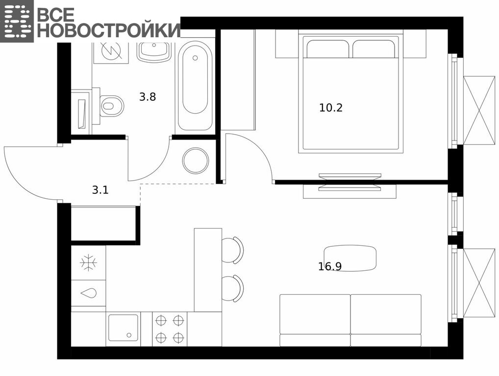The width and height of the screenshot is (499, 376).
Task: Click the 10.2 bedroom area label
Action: click(x=331, y=108)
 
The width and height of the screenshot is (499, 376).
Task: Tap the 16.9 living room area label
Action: click(x=330, y=266)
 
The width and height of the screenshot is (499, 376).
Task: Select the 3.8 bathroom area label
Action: click(x=148, y=96)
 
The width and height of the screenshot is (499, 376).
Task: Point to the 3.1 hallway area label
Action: click(x=100, y=190)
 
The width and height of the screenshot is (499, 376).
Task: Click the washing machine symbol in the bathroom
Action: click(x=111, y=52)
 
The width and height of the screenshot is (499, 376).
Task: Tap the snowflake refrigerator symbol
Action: click(x=88, y=262)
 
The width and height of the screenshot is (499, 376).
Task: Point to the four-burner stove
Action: click(x=170, y=329)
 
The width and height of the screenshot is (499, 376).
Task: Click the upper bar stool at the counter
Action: click(x=232, y=250)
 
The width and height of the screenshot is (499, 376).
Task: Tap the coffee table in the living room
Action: click(x=350, y=258)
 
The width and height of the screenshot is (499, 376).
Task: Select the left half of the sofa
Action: click(x=315, y=320)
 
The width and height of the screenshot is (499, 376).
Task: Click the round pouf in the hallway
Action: click(x=196, y=161)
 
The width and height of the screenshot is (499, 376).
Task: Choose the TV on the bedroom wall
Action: click(x=350, y=182)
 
